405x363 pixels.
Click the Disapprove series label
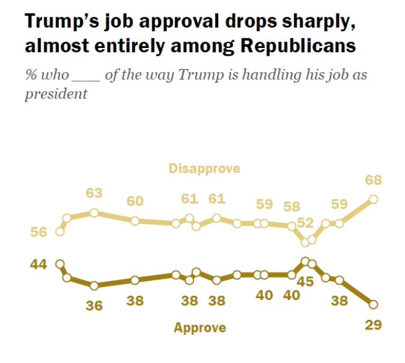click(204, 169)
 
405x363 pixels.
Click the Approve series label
click(199, 328)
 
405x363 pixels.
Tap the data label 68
click(374, 180)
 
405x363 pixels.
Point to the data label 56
click(38, 232)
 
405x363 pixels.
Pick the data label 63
click(94, 193)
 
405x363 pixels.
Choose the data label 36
click(94, 305)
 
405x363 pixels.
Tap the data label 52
click(306, 223)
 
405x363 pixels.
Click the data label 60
click(135, 201)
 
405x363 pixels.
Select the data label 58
click(291, 207)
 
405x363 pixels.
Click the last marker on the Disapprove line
click(373, 199)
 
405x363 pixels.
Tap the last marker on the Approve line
click(373, 304)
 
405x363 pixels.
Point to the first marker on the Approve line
click(59, 263)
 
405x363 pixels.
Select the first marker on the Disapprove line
click(59, 232)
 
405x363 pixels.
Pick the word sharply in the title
click(308, 21)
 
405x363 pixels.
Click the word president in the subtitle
click(56, 95)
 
